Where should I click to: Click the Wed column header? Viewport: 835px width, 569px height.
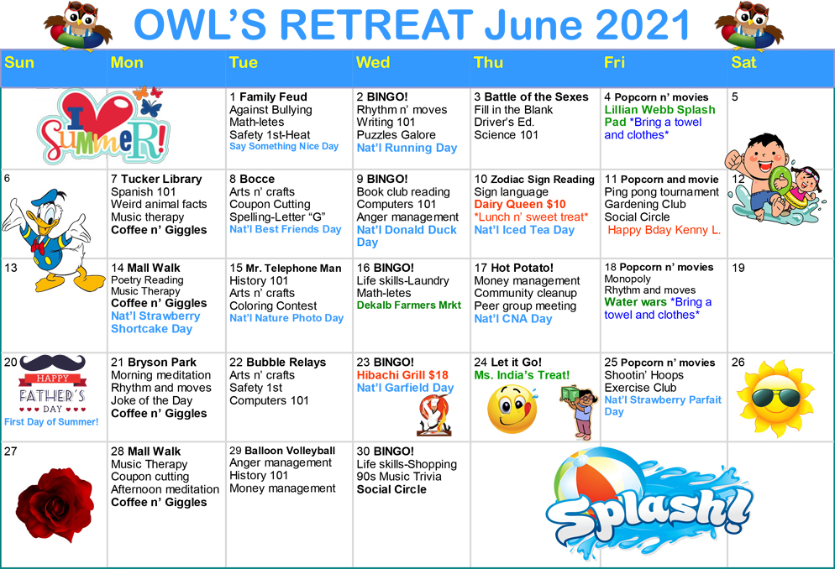click(x=373, y=63)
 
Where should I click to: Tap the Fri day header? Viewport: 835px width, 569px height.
click(x=614, y=63)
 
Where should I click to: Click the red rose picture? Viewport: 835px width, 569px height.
click(x=55, y=504)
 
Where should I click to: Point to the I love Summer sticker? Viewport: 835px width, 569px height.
click(x=105, y=127)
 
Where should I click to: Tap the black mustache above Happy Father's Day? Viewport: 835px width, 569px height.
click(x=53, y=363)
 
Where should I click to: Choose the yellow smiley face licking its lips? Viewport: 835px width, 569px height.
click(x=512, y=409)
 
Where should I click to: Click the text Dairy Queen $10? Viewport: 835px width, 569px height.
click(x=520, y=204)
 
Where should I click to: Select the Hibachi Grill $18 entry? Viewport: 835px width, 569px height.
click(x=402, y=375)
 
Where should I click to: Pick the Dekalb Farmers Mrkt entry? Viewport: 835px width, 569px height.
click(x=409, y=305)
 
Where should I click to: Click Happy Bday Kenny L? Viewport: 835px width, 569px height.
click(x=664, y=230)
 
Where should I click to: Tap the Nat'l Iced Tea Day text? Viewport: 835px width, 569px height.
click(x=524, y=230)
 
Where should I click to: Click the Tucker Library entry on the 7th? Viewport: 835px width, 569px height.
click(x=162, y=180)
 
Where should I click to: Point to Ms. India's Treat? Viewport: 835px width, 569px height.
click(x=522, y=375)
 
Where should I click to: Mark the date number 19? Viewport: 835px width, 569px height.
click(x=738, y=268)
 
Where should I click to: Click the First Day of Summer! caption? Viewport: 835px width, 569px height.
click(x=51, y=421)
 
